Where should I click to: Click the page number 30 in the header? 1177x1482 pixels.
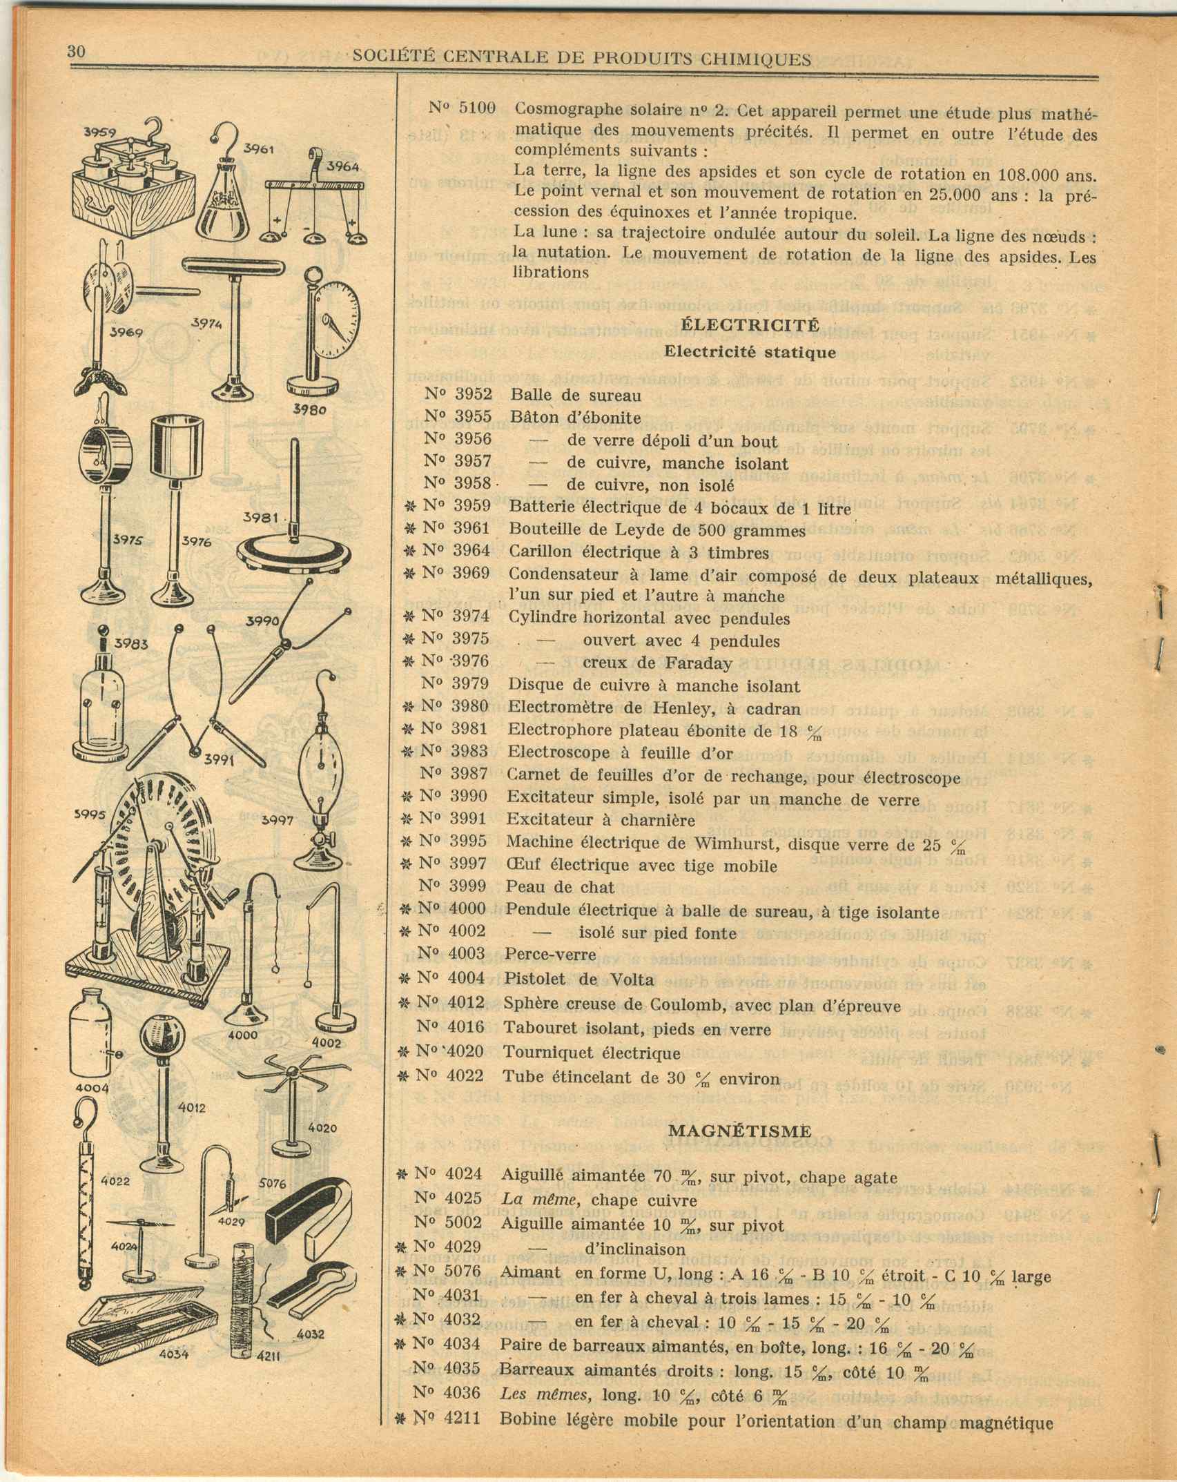pyautogui.click(x=76, y=52)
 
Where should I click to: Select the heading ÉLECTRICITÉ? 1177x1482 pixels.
pyautogui.click(x=750, y=324)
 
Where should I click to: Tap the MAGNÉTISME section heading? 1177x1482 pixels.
pyautogui.click(x=740, y=1131)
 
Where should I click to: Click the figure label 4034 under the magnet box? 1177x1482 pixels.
pyautogui.click(x=174, y=1354)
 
